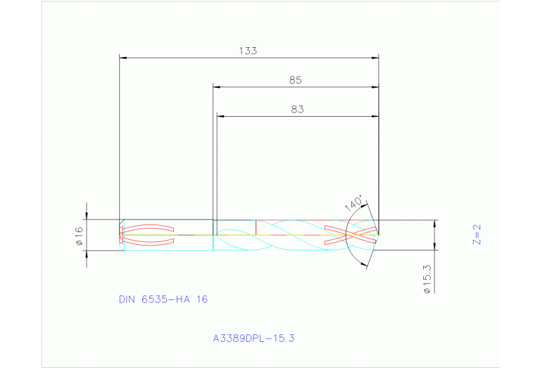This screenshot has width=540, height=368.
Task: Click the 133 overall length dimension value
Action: click(x=248, y=51)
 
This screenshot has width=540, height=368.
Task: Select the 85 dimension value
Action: click(x=295, y=80)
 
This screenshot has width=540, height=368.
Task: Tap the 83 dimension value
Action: click(x=297, y=109)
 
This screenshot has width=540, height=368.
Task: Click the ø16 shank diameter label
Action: click(x=79, y=235)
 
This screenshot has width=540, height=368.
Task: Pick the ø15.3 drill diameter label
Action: click(x=427, y=279)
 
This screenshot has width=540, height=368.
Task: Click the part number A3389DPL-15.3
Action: click(x=253, y=338)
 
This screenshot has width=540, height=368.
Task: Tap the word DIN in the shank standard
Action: click(x=128, y=299)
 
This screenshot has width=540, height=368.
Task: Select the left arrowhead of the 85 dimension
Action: click(x=218, y=87)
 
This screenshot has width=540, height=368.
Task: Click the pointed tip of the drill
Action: click(x=379, y=234)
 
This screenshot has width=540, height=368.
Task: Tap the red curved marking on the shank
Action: click(x=149, y=235)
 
